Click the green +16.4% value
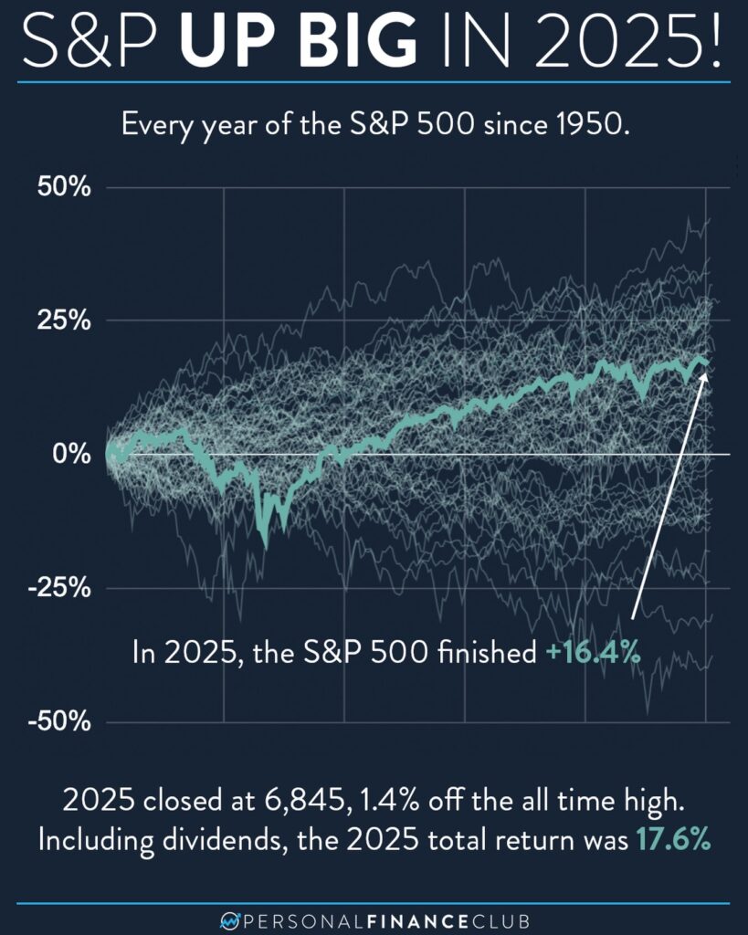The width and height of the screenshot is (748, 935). click(591, 654)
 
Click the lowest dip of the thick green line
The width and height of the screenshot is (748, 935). click(266, 545)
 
